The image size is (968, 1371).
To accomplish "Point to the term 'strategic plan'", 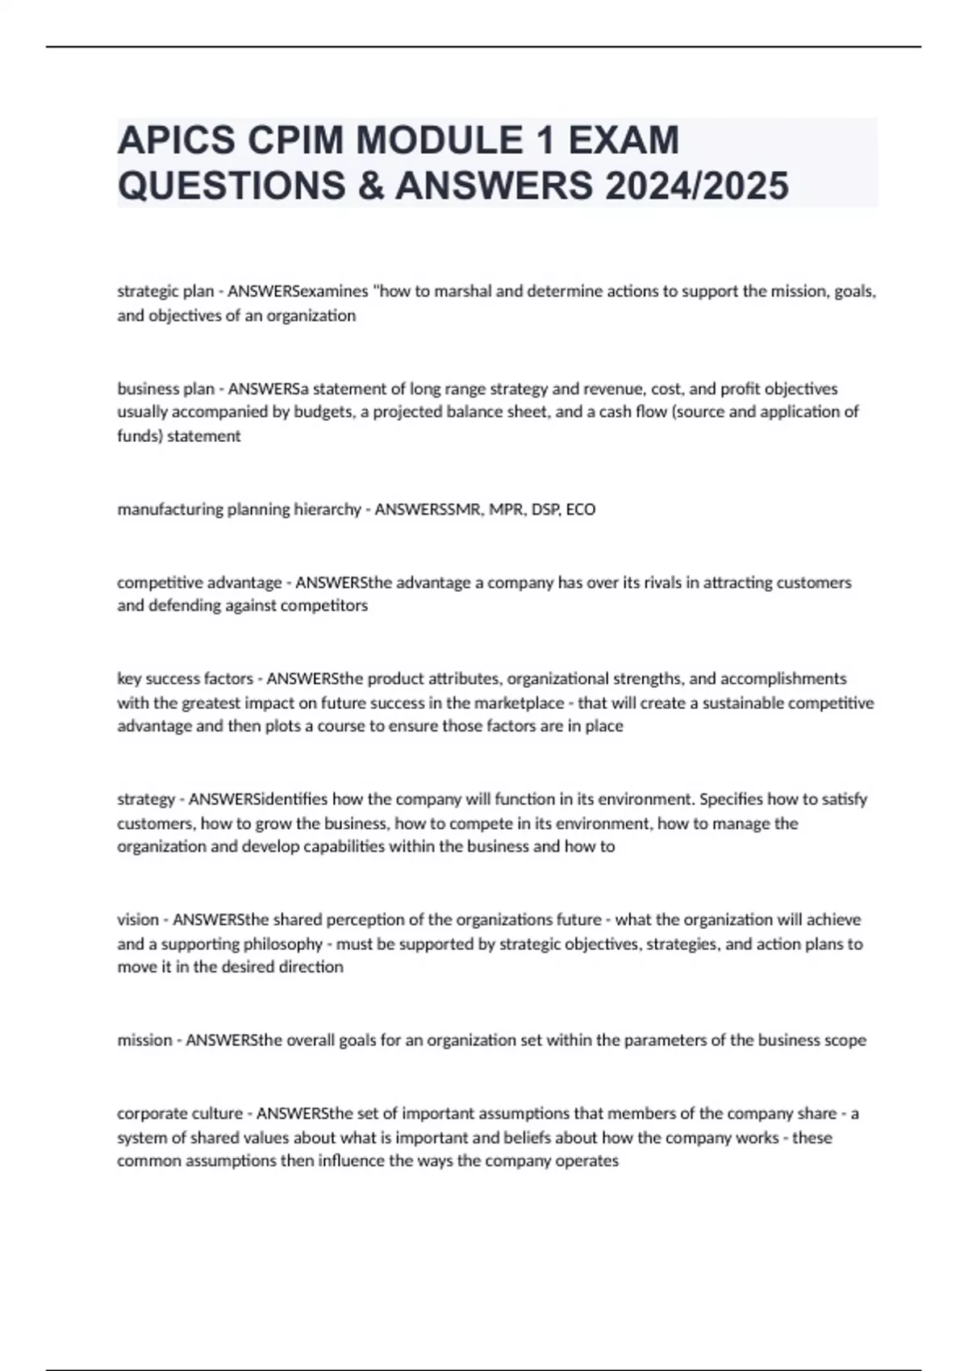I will [x=165, y=291].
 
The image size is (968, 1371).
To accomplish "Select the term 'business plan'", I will [x=165, y=389].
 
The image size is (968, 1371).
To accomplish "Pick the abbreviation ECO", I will [x=581, y=510].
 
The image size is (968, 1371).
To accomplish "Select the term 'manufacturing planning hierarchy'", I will [x=239, y=510].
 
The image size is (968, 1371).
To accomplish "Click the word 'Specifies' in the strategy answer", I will [x=730, y=799].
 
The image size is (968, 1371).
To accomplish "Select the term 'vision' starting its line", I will [x=138, y=920].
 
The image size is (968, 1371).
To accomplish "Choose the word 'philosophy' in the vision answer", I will [x=283, y=944].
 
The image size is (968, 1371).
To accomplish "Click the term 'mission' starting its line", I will [x=144, y=1040].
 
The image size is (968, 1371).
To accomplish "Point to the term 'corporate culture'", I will [x=180, y=1114].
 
